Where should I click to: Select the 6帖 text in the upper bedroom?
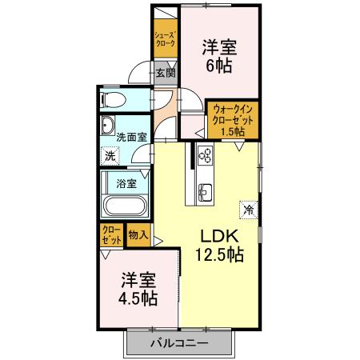[x=218, y=66]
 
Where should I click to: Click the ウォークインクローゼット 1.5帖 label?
[x=234, y=119]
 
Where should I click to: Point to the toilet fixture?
[x=113, y=99]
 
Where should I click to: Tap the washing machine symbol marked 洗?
[x=111, y=156]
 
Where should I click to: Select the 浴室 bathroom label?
[x=126, y=183]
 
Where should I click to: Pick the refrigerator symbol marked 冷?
[x=249, y=210]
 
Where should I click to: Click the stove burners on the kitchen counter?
[x=204, y=155]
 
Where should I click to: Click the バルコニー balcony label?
[x=179, y=344]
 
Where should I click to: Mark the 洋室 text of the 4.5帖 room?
[x=138, y=280]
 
